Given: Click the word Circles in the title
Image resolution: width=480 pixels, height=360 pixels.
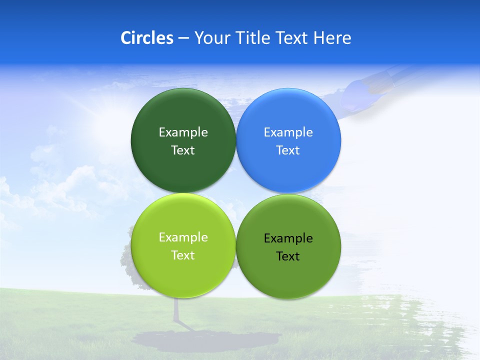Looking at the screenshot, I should point(146,38).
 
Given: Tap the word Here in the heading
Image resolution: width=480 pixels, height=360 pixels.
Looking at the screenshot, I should point(332,38).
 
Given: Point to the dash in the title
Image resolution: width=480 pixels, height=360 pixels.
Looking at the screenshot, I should point(183,38).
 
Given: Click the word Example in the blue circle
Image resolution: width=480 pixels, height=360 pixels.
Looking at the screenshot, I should point(288,132).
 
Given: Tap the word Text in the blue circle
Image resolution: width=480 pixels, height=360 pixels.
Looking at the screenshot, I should point(288,150).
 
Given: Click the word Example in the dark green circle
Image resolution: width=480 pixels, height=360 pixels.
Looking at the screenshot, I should point(183,132).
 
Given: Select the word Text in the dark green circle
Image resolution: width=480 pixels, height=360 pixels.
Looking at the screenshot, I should point(183,150).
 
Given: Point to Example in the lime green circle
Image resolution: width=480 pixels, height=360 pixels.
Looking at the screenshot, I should point(183,237).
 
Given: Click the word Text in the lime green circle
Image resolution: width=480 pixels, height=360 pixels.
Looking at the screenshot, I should point(183,255).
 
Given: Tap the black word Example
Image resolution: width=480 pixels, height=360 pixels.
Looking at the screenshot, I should point(288,238).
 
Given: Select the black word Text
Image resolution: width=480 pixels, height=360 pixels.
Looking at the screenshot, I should point(288,256).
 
